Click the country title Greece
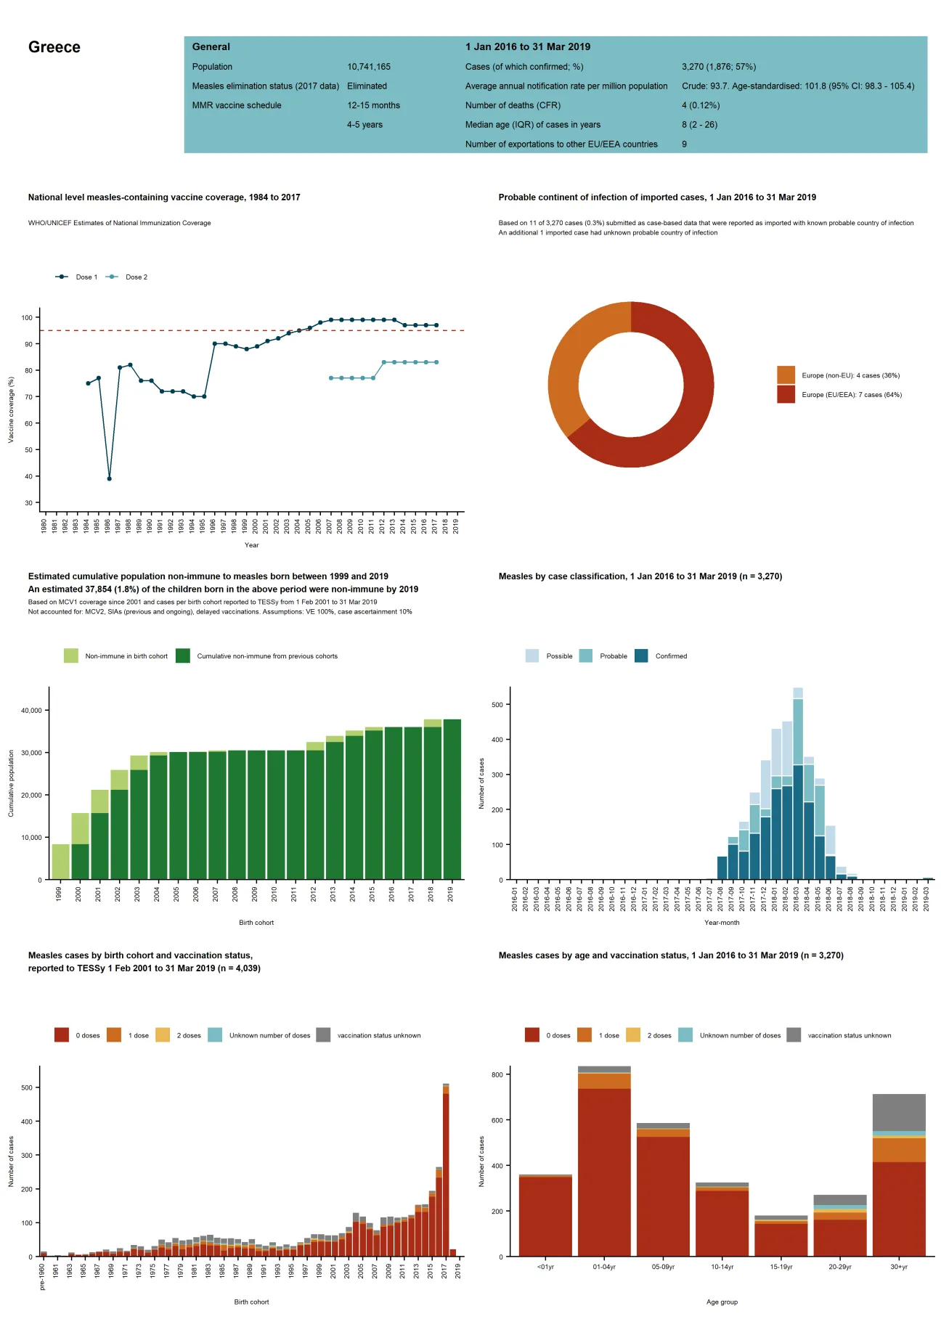(54, 47)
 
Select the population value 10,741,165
(368, 67)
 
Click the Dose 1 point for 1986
(109, 478)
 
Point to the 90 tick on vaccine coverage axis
(28, 344)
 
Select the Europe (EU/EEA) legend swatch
(786, 394)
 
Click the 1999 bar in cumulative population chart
(61, 862)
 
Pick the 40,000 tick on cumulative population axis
(31, 710)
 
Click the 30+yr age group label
(898, 1267)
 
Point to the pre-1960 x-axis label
(42, 1276)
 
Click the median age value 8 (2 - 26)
(699, 125)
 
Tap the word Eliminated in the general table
(367, 86)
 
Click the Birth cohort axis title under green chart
(256, 923)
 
